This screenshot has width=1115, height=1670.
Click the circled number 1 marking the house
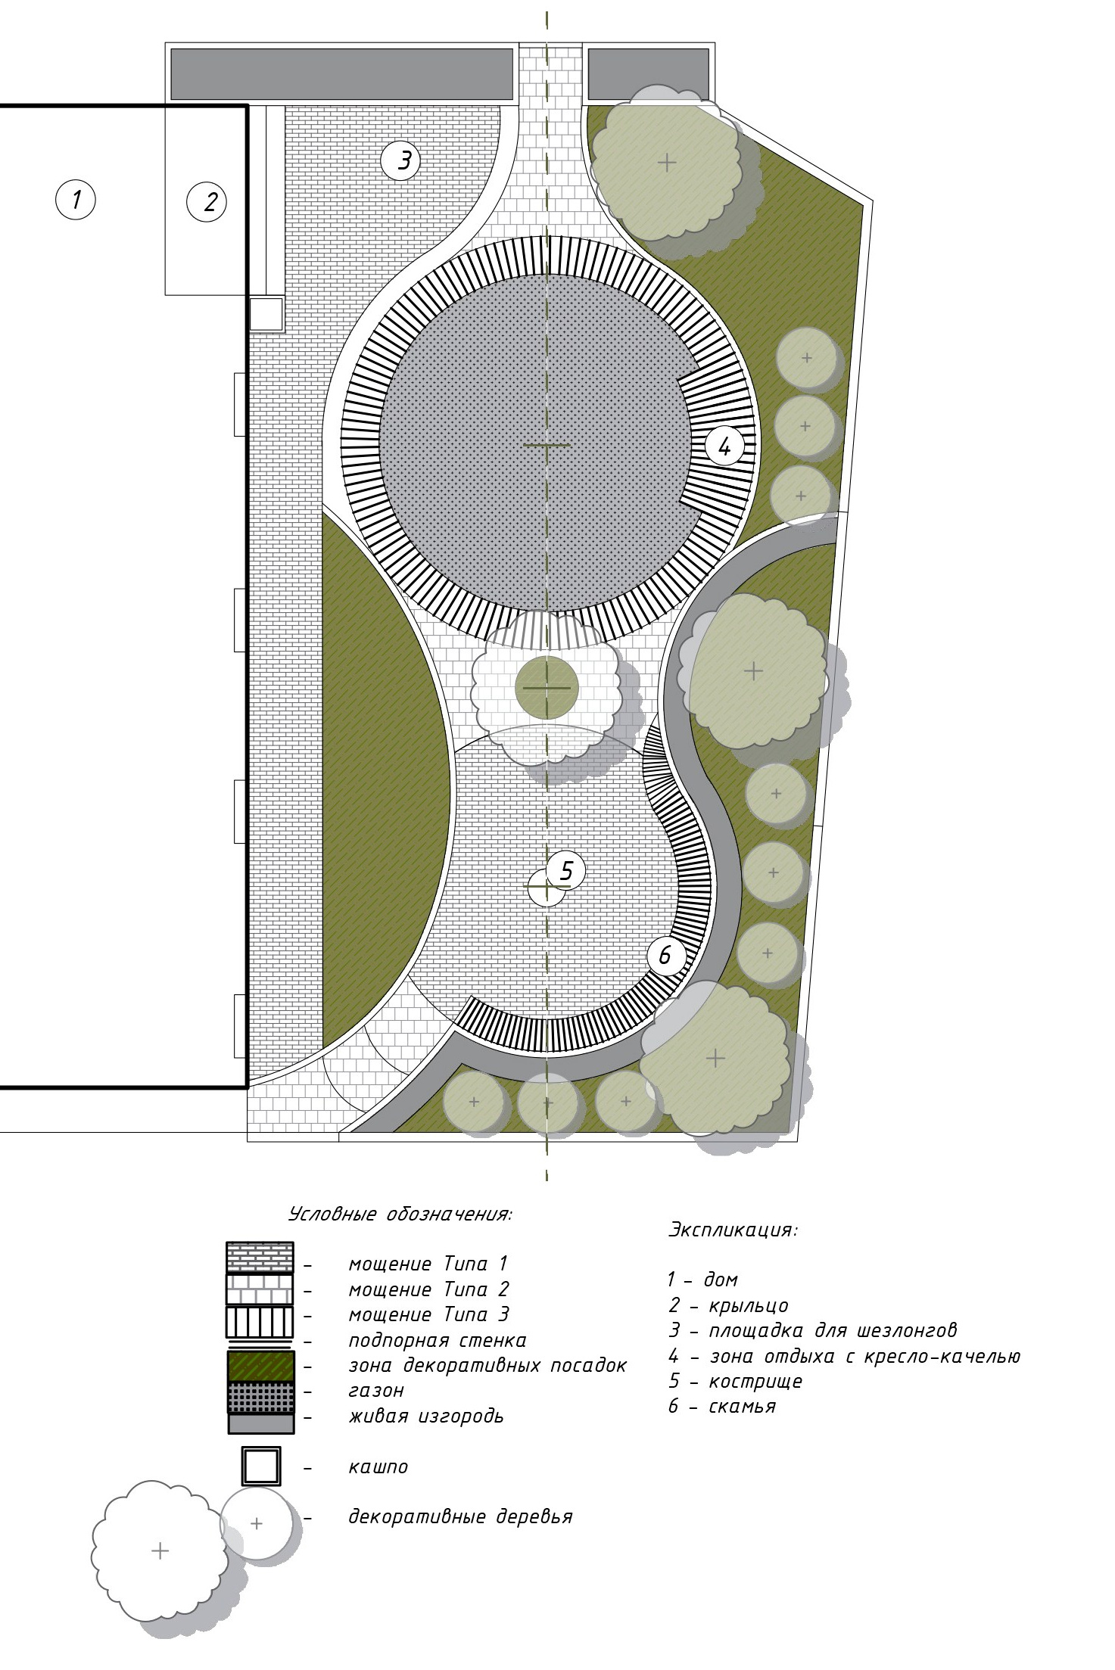pos(76,200)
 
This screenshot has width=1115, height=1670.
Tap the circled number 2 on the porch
pos(207,201)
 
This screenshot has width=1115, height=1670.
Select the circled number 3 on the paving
pos(401,160)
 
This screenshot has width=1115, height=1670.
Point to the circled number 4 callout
pos(724,446)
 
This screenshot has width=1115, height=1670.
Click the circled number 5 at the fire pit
pos(566,871)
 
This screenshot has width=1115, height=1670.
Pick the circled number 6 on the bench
pos(666,956)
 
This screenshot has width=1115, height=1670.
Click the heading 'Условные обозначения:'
pos(400,1214)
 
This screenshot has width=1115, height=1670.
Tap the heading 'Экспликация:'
pos(733,1230)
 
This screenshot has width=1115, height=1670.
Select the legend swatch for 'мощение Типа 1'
pos(260,1258)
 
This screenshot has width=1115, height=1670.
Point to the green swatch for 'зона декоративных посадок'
pos(260,1365)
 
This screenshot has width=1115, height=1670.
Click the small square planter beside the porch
pos(266,314)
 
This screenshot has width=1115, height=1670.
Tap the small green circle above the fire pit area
pos(547,688)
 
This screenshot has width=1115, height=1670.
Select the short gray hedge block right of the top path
pos(649,74)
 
